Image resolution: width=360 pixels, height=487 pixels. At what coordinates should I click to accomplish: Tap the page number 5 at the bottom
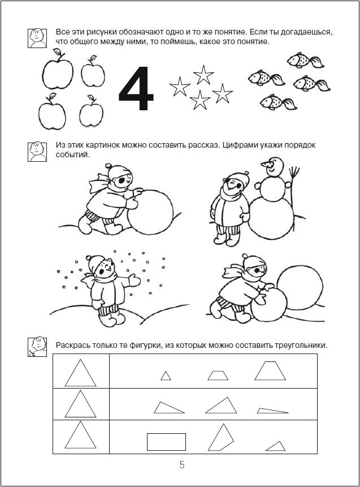click(181, 466)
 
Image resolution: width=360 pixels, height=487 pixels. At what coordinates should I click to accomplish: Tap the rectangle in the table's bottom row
click(166, 442)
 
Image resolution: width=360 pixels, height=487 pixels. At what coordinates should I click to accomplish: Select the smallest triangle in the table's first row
click(166, 376)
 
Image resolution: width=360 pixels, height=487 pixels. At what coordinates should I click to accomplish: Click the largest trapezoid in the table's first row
click(270, 371)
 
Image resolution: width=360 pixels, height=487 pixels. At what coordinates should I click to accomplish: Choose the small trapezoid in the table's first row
click(217, 375)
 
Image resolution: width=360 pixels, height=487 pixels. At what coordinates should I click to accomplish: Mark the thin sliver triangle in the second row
click(273, 411)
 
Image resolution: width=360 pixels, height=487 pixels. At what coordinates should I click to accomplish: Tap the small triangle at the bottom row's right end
click(275, 446)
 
